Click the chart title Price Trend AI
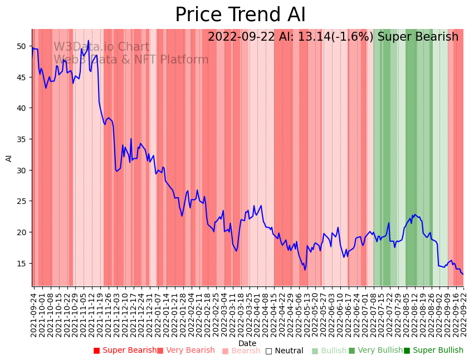click(240, 15)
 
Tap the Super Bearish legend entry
click(125, 351)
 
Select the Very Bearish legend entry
click(185, 351)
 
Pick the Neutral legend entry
click(284, 351)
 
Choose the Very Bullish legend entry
click(375, 351)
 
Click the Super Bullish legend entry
click(433, 351)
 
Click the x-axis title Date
click(247, 343)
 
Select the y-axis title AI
click(9, 158)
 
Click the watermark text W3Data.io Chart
click(101, 47)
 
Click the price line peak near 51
click(88, 41)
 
